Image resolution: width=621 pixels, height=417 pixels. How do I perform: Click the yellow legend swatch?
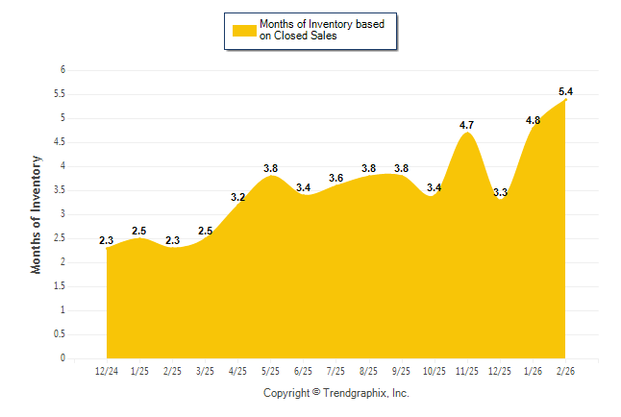(x=244, y=30)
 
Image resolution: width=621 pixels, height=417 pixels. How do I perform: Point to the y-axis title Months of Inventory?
(x=37, y=214)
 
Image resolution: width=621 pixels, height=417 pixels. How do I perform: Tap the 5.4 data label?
(x=566, y=91)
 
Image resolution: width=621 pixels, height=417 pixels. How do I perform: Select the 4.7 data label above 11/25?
(x=467, y=125)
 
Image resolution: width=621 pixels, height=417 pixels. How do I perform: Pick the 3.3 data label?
(x=500, y=192)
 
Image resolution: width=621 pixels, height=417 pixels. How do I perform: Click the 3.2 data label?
(x=238, y=197)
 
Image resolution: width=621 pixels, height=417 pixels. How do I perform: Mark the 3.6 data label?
(x=336, y=178)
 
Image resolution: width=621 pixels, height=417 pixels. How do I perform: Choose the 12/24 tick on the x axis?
(x=107, y=371)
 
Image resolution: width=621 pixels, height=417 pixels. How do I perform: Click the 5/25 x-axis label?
(x=271, y=371)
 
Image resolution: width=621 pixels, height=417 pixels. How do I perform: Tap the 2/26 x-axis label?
(x=566, y=371)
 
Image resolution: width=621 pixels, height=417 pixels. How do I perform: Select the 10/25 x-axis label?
(x=435, y=371)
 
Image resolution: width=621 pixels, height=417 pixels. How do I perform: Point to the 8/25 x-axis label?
(x=369, y=371)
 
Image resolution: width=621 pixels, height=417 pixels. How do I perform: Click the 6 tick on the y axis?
(x=62, y=70)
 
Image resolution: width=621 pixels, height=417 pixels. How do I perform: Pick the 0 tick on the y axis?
(x=62, y=358)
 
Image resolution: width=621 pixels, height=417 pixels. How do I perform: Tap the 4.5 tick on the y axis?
(x=60, y=142)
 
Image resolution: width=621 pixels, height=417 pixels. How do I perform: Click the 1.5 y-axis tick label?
(x=60, y=286)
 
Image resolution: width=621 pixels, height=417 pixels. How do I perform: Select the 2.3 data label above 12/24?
(x=107, y=240)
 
